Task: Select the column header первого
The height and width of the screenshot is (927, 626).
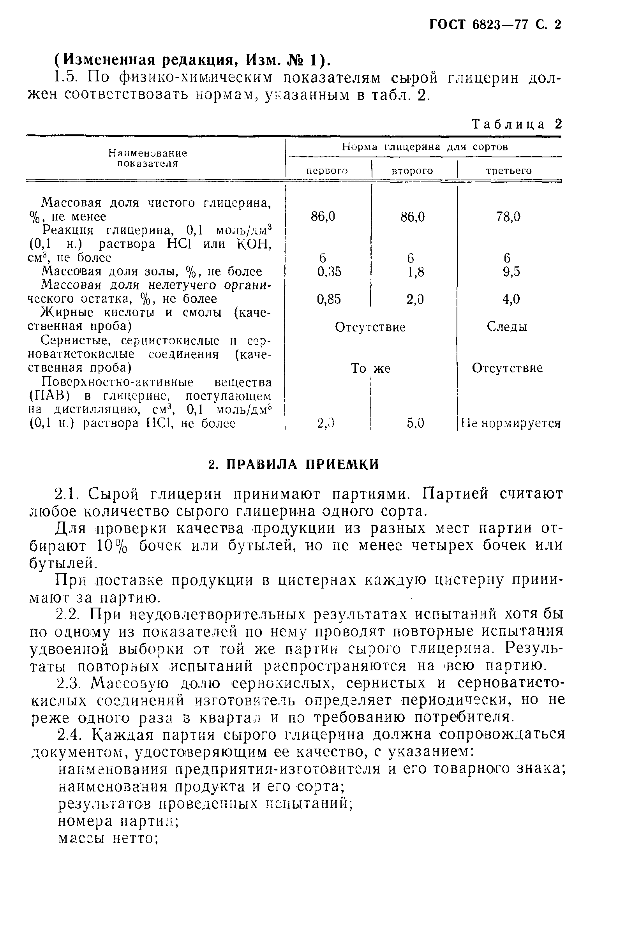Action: tap(327, 171)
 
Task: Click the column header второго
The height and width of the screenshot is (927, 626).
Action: tap(412, 171)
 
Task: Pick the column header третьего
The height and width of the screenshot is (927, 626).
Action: tap(509, 171)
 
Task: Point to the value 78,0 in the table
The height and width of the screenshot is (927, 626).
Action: tap(508, 217)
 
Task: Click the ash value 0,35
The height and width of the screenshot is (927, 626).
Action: tap(329, 271)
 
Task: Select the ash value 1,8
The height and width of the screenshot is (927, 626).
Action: tap(415, 272)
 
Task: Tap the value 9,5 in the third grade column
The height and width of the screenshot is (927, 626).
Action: tap(511, 272)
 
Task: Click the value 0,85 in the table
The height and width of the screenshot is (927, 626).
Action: tap(329, 299)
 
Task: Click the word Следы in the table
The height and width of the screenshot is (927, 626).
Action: tap(507, 327)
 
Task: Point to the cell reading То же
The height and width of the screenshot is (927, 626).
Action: tap(370, 368)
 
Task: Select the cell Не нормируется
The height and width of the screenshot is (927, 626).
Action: tap(511, 423)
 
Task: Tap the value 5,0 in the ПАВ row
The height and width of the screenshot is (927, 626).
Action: tap(415, 423)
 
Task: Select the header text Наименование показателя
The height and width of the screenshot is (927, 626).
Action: tap(147, 159)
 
